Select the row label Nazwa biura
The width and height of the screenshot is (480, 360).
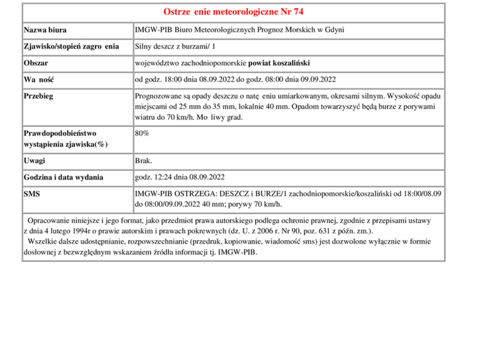pos(45,30)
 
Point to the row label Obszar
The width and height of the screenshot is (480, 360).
pos(36,63)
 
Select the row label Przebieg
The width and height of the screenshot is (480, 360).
pos(40,96)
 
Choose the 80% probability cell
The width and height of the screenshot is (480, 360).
pos(142,133)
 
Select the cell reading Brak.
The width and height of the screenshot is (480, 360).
pos(144,161)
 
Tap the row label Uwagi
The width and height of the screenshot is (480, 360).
pos(35,161)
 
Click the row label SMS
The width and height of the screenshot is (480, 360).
pos(32,194)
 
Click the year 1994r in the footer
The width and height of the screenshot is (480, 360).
pos(93,230)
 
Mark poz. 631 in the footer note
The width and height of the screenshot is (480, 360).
pos(312,230)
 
